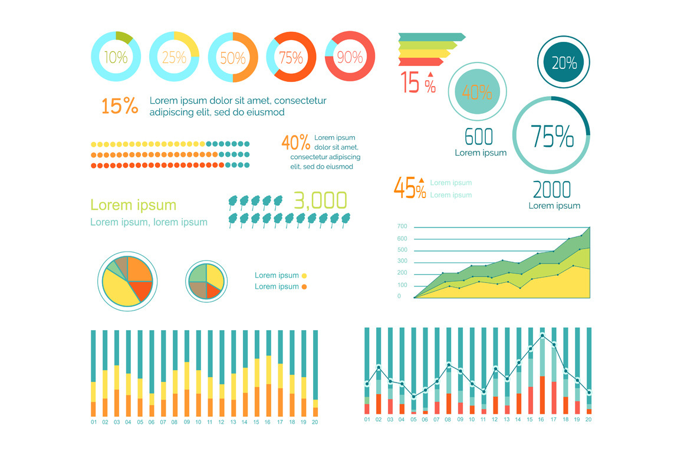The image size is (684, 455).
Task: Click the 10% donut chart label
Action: click(116, 57)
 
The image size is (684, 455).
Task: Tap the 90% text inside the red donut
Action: click(350, 57)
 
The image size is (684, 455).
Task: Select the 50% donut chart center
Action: click(232, 58)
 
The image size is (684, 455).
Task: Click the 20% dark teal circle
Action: click(564, 62)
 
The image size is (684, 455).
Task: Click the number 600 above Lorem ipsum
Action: click(479, 137)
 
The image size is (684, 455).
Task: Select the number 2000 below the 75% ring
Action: click(552, 190)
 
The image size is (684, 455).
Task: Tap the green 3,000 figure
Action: click(320, 201)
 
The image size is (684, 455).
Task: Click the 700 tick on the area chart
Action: click(403, 226)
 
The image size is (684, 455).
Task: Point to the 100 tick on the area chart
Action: click(403, 285)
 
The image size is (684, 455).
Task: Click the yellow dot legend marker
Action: click(304, 275)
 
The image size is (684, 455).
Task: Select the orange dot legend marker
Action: click(304, 287)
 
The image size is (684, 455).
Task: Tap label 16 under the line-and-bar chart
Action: click(541, 420)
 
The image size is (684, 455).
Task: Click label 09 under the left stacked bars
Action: click(186, 422)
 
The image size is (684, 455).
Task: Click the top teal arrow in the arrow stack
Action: click(431, 37)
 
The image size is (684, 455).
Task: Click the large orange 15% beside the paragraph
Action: click(120, 106)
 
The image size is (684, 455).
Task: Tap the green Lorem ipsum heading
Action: click(133, 205)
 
